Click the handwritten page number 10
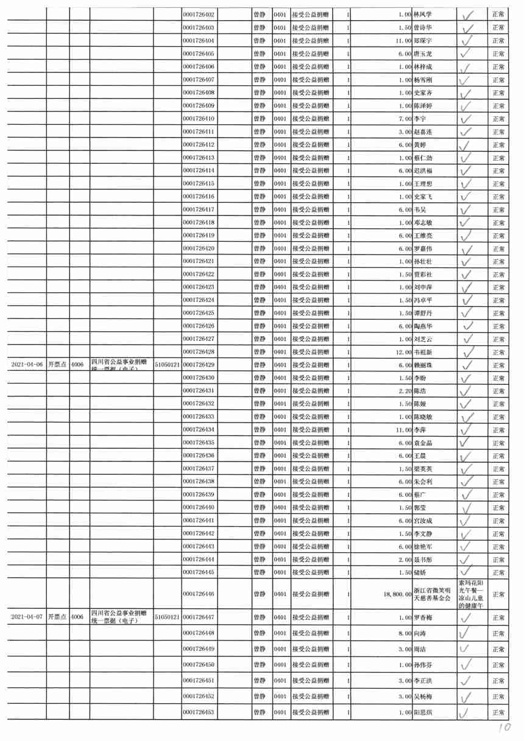[503, 728]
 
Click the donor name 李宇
[420, 118]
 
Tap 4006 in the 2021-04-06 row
[77, 365]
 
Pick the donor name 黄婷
[420, 144]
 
